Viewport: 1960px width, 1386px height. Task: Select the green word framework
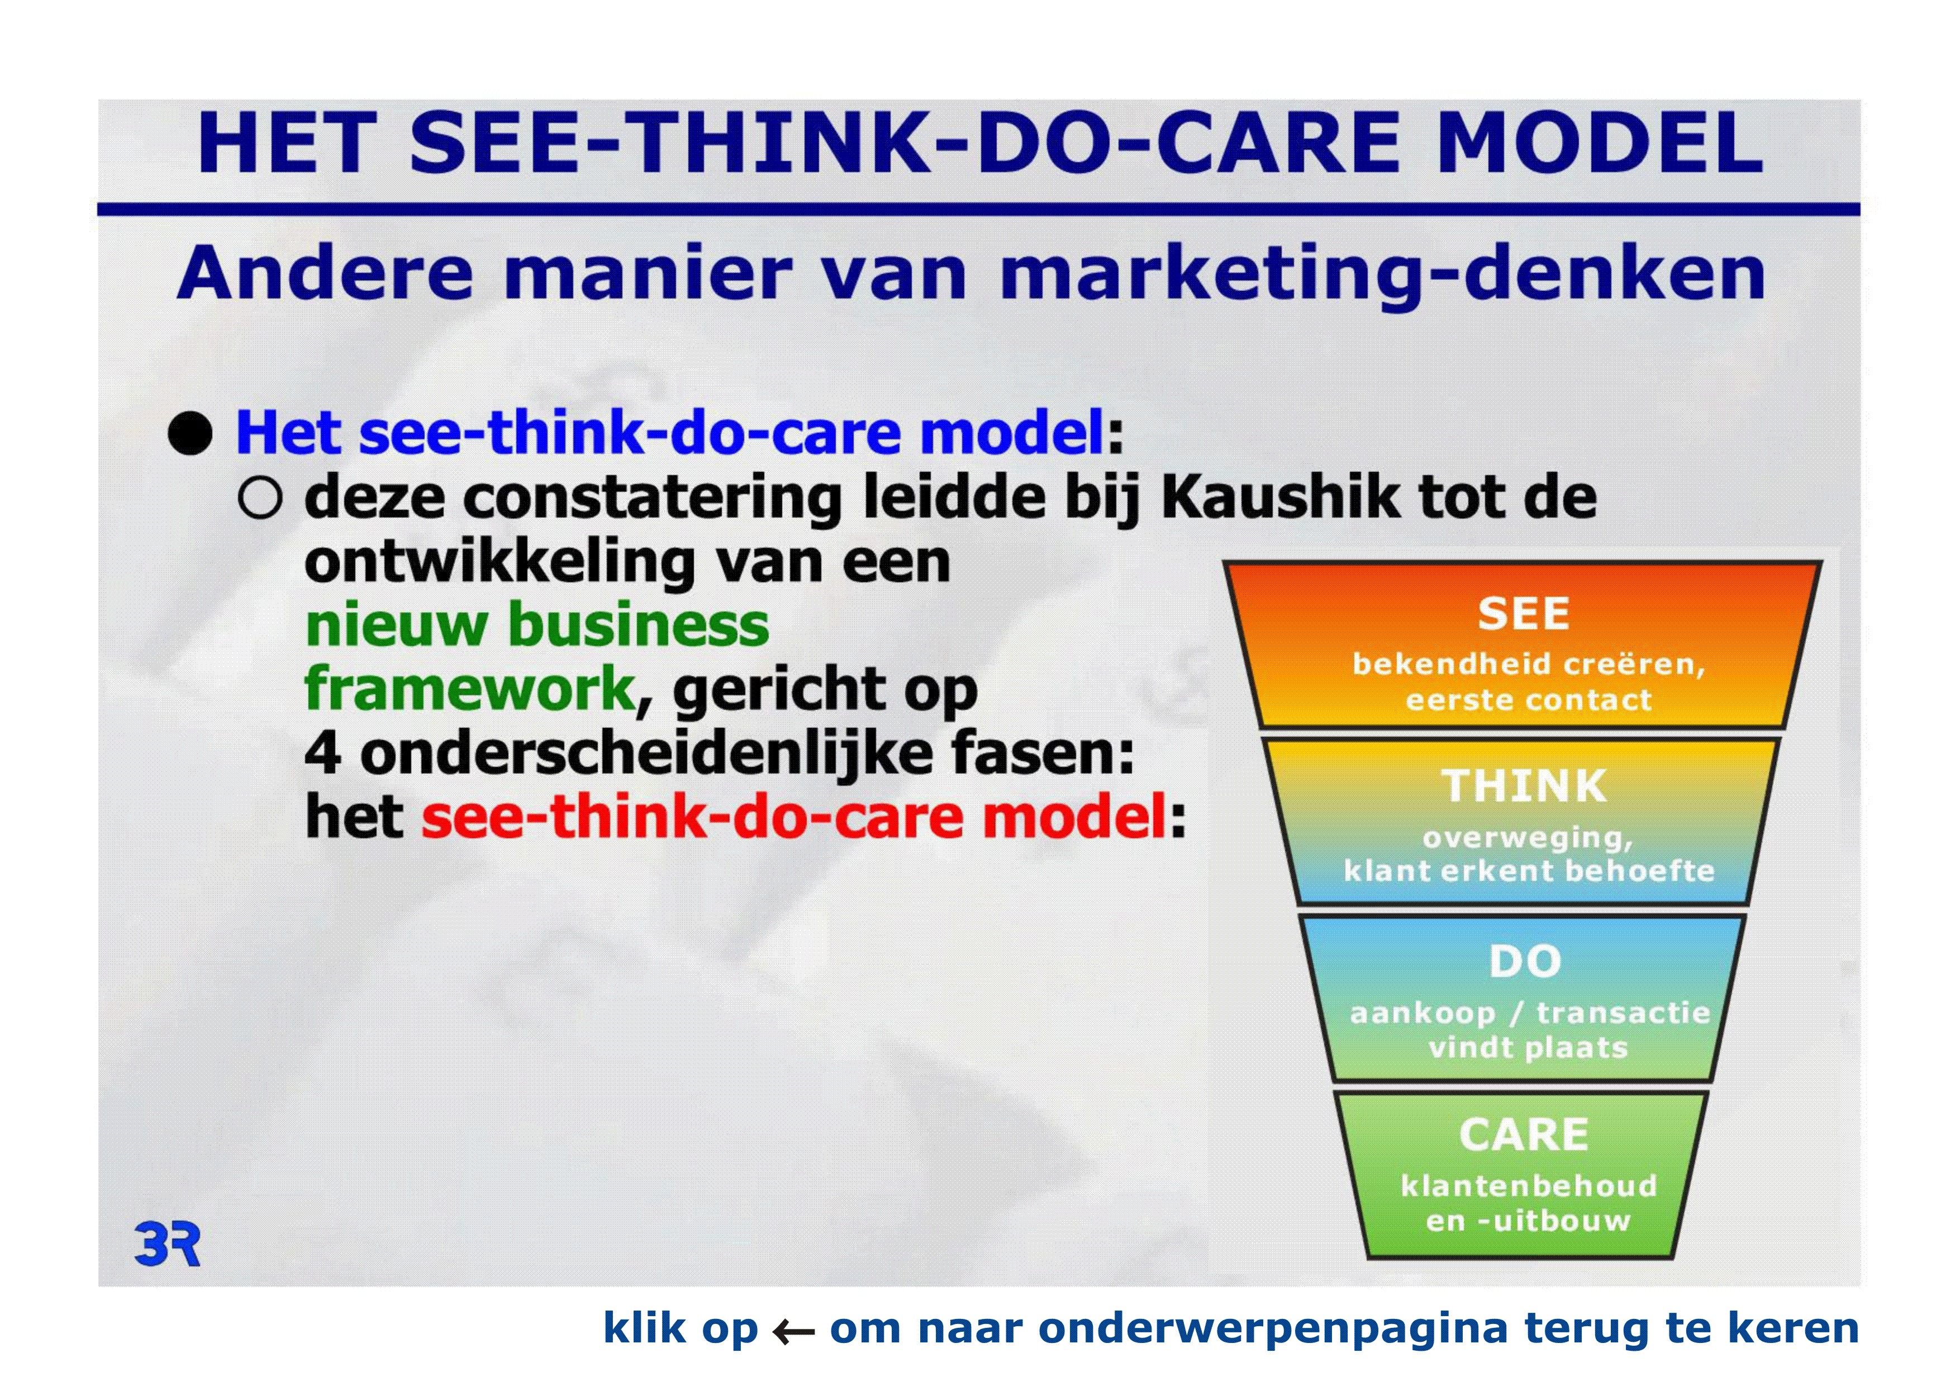pos(470,689)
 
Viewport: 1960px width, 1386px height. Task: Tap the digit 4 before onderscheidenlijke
pos(324,753)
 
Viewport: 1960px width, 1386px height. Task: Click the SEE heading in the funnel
pos(1524,614)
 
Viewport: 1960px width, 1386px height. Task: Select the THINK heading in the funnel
pos(1525,786)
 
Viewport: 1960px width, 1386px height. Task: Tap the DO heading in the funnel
pos(1525,962)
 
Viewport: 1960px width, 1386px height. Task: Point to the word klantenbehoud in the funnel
pos(1529,1185)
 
